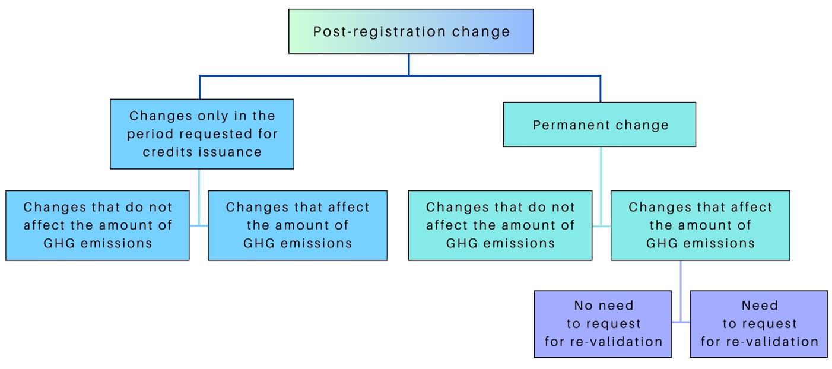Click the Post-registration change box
point(411,31)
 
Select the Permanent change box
point(599,125)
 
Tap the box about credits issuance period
point(202,134)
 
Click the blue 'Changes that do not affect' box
point(97,225)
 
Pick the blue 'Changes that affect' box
point(297,225)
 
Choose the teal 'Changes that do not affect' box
point(500,225)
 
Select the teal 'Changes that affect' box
point(700,225)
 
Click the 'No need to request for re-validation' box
point(602,324)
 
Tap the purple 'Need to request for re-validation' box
point(758,324)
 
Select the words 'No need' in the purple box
point(604,306)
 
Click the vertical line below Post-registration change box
point(409,64)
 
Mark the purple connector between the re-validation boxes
point(681,322)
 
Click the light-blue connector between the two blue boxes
point(199,225)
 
